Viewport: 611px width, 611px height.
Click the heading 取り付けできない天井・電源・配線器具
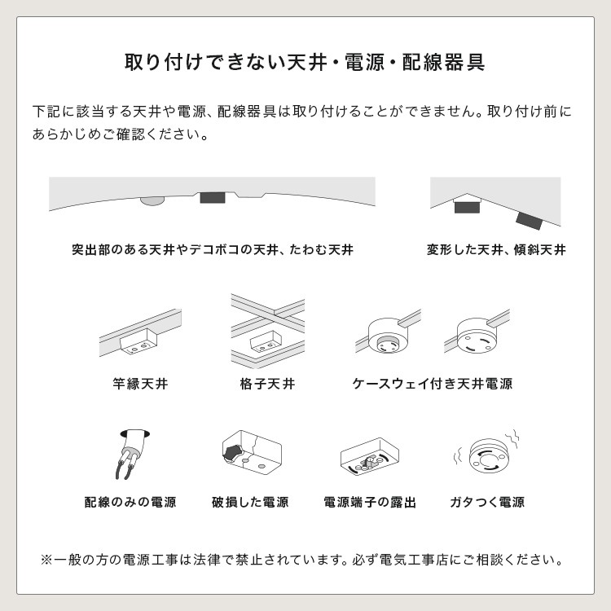pyautogui.click(x=305, y=63)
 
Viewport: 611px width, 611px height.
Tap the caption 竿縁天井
pyautogui.click(x=140, y=384)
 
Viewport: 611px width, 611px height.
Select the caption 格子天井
pyautogui.click(x=268, y=384)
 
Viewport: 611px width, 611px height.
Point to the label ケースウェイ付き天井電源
pyautogui.click(x=432, y=384)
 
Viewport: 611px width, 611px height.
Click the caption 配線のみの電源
pyautogui.click(x=130, y=502)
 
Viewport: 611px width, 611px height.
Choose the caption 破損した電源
pyautogui.click(x=250, y=502)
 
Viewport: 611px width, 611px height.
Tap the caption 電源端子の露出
pyautogui.click(x=370, y=502)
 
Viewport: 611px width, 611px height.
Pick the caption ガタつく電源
pyautogui.click(x=487, y=502)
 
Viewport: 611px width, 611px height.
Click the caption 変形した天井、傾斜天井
pyautogui.click(x=496, y=249)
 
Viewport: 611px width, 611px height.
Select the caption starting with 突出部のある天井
pyautogui.click(x=213, y=249)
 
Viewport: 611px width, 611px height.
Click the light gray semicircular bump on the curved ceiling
pyautogui.click(x=152, y=200)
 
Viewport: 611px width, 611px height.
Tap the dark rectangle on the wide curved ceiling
pyautogui.click(x=213, y=197)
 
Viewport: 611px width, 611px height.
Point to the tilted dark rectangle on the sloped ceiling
pyautogui.click(x=530, y=221)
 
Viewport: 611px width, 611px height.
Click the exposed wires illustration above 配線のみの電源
pyautogui.click(x=134, y=454)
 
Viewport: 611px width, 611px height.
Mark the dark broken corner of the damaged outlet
pyautogui.click(x=233, y=452)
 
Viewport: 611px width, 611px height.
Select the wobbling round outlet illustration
pyautogui.click(x=487, y=455)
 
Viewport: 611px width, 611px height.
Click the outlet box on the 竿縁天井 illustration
pyautogui.click(x=138, y=341)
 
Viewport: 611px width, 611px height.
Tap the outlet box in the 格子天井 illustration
pyautogui.click(x=266, y=342)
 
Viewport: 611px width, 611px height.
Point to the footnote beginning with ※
pyautogui.click(x=302, y=560)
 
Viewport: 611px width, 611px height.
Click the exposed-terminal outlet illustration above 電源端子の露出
pyautogui.click(x=370, y=457)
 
